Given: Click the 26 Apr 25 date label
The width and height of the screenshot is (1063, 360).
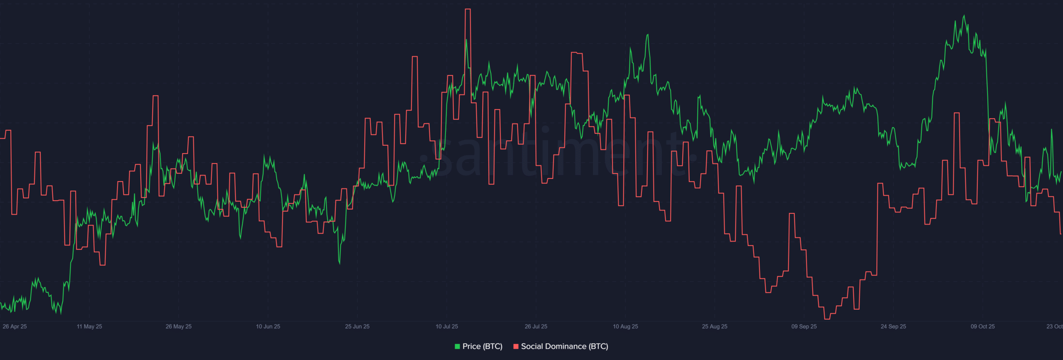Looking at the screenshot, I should click(15, 326).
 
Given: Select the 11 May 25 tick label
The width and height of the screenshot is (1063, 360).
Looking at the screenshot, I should click(89, 326).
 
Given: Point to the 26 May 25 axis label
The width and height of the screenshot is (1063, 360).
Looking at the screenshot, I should click(179, 326).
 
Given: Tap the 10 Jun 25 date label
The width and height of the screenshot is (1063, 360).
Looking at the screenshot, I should click(268, 326).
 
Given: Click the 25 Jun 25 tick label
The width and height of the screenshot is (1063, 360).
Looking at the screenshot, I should click(357, 326).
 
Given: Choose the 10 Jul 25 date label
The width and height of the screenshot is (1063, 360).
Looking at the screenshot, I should click(447, 326).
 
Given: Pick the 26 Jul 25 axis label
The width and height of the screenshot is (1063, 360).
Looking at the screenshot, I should click(536, 326).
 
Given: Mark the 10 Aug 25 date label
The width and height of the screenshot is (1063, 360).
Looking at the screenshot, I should click(625, 326).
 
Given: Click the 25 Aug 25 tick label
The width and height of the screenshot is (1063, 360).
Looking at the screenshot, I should click(715, 326).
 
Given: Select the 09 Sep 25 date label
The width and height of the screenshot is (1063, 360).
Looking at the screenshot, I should click(804, 326).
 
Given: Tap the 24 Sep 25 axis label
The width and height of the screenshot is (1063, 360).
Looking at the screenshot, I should click(893, 326).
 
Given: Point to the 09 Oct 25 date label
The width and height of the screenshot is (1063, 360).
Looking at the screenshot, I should click(982, 326).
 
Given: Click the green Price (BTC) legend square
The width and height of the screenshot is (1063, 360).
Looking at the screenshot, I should click(457, 346).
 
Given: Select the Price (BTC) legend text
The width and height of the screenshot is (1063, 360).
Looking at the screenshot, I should click(482, 346).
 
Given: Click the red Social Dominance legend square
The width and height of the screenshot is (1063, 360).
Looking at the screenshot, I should click(516, 346).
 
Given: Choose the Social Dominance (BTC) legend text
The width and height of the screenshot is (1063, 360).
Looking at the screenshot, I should click(564, 346).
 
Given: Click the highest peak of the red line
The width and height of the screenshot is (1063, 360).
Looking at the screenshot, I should click(468, 9).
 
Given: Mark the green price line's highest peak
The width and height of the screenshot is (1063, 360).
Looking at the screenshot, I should click(964, 16).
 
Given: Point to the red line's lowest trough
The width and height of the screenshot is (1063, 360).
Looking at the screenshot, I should click(827, 319).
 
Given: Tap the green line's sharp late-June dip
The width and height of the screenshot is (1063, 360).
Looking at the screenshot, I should click(340, 263).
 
